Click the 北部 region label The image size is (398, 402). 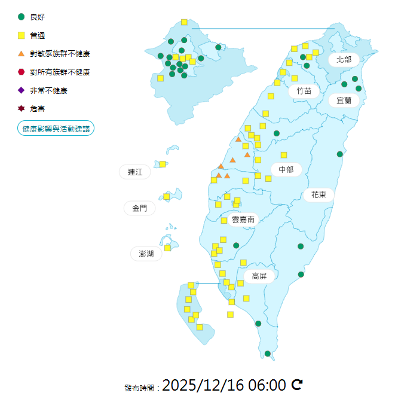coord(344,59)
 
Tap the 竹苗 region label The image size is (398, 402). coord(304,92)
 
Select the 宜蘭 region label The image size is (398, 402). coord(344,100)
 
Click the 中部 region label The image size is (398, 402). coord(286,169)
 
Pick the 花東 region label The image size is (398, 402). coord(319,194)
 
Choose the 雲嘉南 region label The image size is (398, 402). coord(243,220)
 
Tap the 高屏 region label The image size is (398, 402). coord(259,276)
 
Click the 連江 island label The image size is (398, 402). coord(135,172)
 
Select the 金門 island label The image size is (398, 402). coord(139,208)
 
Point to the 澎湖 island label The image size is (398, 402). coord(146,254)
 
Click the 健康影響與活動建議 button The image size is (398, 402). coord(56,129)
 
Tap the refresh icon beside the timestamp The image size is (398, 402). coord(297,385)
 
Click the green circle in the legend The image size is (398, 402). coord(22,17)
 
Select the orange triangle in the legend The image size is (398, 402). coord(22,54)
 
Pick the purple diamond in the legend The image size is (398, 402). coord(22,90)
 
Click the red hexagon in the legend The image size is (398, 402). coord(22,72)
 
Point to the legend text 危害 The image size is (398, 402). coord(38,109)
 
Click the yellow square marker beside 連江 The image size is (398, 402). coord(163,164)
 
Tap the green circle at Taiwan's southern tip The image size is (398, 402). coord(268,354)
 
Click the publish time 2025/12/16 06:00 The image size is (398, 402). coord(224,385)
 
